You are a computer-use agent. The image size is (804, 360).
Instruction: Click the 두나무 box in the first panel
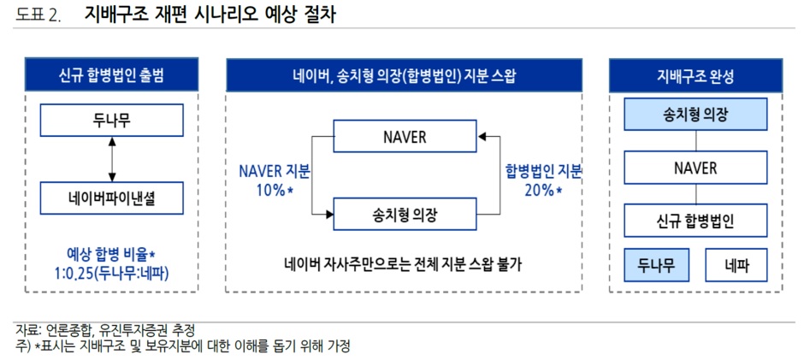(x=111, y=121)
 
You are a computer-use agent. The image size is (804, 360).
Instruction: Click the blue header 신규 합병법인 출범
(x=112, y=75)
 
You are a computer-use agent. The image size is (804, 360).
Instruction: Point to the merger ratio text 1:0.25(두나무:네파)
(x=112, y=274)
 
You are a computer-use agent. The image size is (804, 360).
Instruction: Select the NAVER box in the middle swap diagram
(x=405, y=137)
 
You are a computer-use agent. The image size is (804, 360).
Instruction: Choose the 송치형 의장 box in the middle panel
(x=405, y=214)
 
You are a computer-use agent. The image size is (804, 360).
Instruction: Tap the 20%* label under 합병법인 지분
(x=543, y=190)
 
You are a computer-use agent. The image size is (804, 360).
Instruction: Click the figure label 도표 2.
(x=38, y=16)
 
